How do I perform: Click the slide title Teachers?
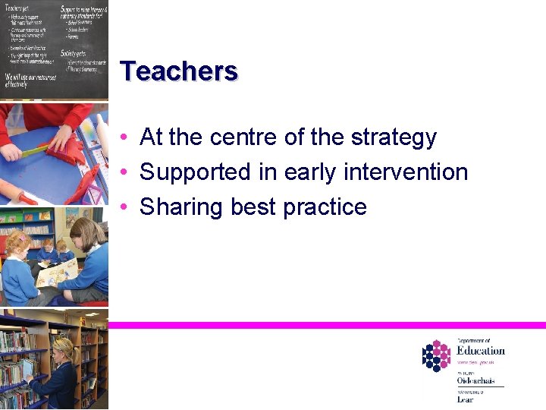click(x=179, y=71)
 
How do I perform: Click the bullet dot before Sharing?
click(x=123, y=207)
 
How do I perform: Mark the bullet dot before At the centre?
click(x=123, y=137)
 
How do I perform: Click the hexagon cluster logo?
click(x=436, y=355)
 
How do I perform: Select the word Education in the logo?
click(x=480, y=350)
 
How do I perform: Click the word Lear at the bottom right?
click(x=464, y=399)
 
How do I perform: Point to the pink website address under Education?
click(x=475, y=363)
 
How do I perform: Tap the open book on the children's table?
click(x=57, y=272)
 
